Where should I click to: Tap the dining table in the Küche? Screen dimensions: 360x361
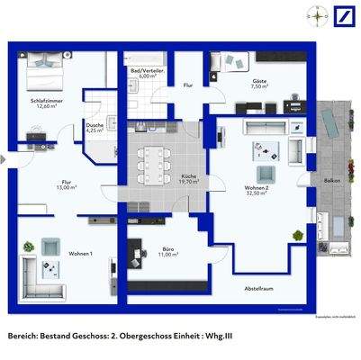pyautogui.click(x=154, y=164)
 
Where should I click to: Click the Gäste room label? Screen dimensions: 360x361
pyautogui.click(x=259, y=84)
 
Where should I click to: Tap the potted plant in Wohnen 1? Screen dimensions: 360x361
pyautogui.click(x=49, y=243)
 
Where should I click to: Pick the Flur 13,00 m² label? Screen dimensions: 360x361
pyautogui.click(x=66, y=184)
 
